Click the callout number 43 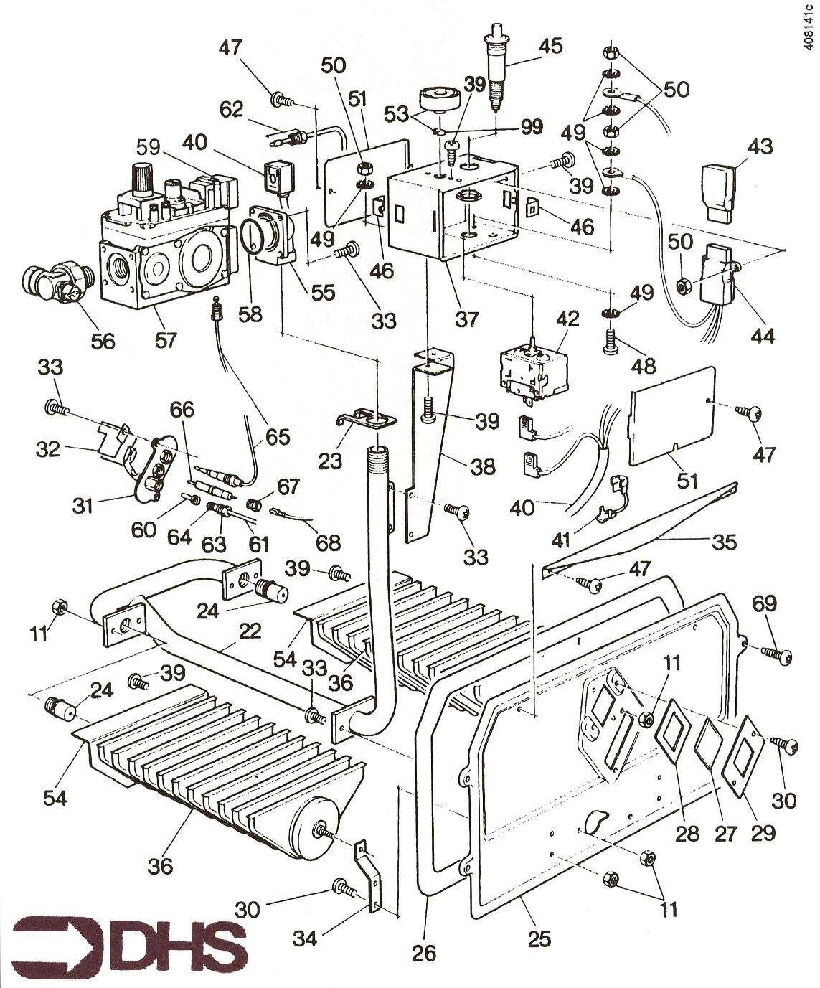point(761,146)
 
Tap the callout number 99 point(532,127)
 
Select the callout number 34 point(308,937)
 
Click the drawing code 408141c point(809,29)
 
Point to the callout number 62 point(232,110)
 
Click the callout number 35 point(723,542)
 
